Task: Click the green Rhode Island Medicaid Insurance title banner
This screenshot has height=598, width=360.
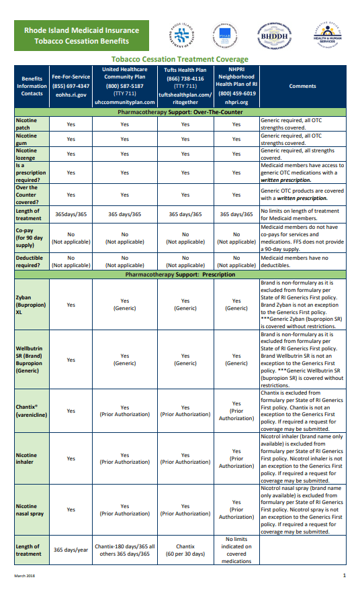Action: [x=81, y=36]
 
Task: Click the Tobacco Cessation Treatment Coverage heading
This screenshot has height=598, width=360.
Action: [x=179, y=60]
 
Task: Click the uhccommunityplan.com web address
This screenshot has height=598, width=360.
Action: [x=124, y=102]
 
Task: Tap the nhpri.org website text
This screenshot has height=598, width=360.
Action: [x=236, y=102]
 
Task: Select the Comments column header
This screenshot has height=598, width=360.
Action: [x=302, y=86]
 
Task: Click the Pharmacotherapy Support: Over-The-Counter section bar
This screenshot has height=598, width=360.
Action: [x=179, y=112]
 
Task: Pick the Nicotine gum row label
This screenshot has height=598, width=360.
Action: [x=27, y=139]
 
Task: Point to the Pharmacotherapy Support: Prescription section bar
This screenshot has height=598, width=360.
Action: [x=179, y=275]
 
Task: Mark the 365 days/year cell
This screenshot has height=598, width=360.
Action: [x=71, y=550]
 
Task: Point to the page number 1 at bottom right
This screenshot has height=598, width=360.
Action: [x=344, y=576]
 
